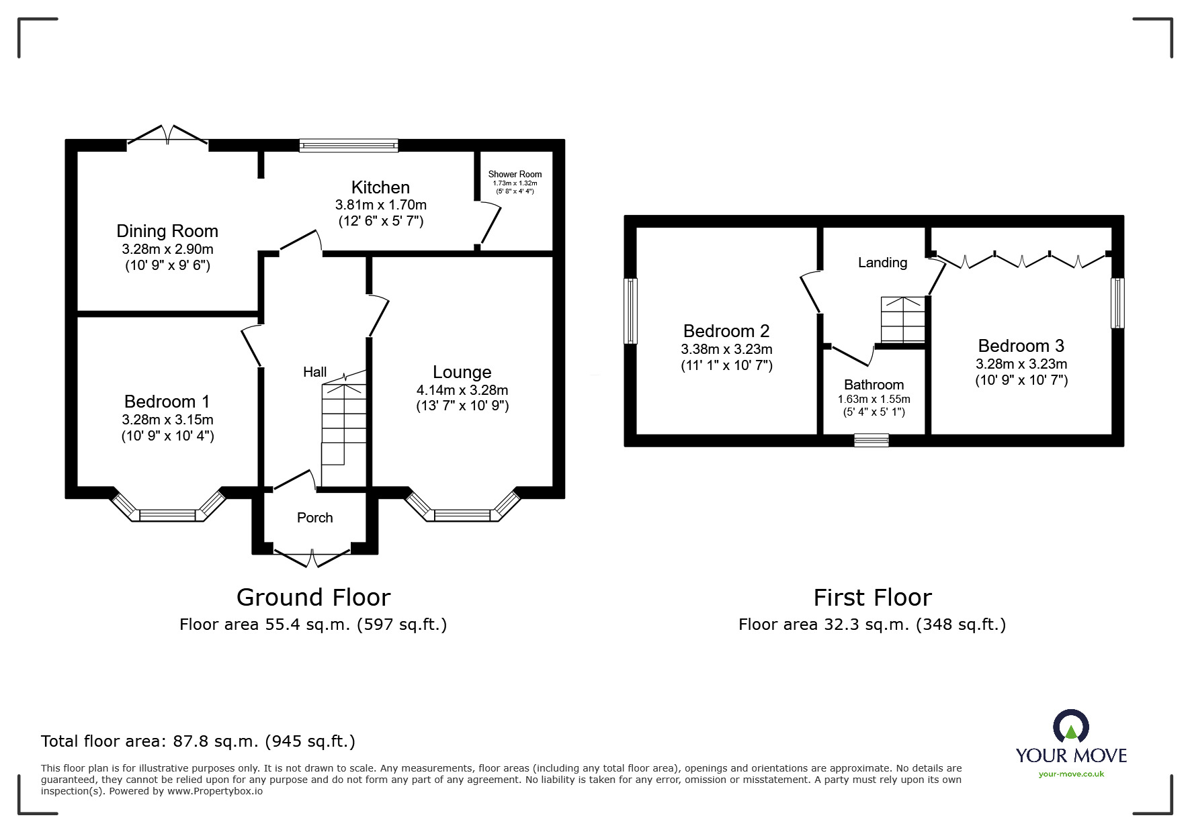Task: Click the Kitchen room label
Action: coord(380,187)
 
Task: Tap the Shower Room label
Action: coord(515,174)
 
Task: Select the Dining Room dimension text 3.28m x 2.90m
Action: coord(167,249)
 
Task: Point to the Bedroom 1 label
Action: coord(167,402)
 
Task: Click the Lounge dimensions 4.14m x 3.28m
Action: coord(462,390)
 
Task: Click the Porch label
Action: coord(314,518)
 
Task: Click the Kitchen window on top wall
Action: coord(349,145)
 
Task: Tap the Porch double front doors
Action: coord(313,558)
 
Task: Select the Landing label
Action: coord(882,263)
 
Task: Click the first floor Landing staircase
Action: coord(903,320)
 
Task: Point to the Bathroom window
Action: coord(872,441)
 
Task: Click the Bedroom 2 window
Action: coord(630,311)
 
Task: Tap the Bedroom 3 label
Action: coord(1021,346)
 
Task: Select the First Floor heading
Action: coord(872,597)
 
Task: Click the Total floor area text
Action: coord(198,741)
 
